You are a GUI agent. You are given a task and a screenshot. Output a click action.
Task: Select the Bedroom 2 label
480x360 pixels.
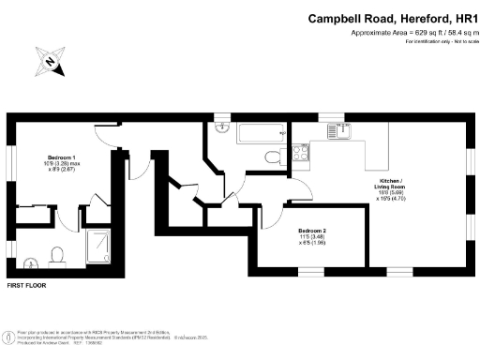click(312, 230)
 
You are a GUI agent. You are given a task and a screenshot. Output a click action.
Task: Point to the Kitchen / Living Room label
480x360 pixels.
click(363, 180)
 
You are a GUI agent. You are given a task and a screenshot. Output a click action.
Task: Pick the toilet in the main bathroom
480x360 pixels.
click(271, 157)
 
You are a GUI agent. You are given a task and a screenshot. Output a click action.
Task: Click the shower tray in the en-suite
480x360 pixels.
click(99, 247)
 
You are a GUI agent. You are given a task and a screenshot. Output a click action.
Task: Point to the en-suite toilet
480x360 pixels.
click(57, 254)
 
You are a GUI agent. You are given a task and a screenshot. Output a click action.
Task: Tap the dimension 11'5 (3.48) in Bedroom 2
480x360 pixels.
click(312, 236)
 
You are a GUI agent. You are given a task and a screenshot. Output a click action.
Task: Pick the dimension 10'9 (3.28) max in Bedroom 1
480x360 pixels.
click(61, 165)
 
